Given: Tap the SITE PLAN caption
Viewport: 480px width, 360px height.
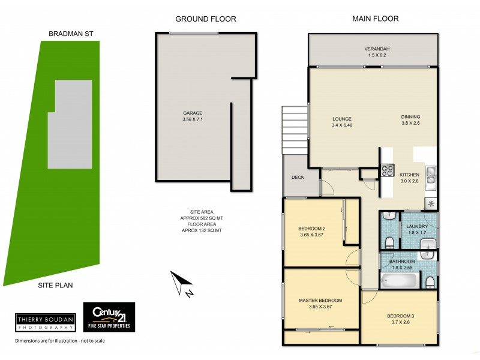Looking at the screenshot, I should click(x=56, y=286).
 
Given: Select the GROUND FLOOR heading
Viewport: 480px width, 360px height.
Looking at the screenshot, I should click(x=205, y=19).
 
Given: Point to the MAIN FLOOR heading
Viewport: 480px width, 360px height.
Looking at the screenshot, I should click(x=375, y=19).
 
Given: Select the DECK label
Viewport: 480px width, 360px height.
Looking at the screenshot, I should click(x=298, y=178).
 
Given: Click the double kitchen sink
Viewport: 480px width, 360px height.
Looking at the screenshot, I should click(x=431, y=175).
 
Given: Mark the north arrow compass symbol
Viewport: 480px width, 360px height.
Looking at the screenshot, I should click(x=182, y=284).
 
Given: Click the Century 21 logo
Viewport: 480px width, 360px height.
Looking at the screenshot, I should click(x=109, y=317).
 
